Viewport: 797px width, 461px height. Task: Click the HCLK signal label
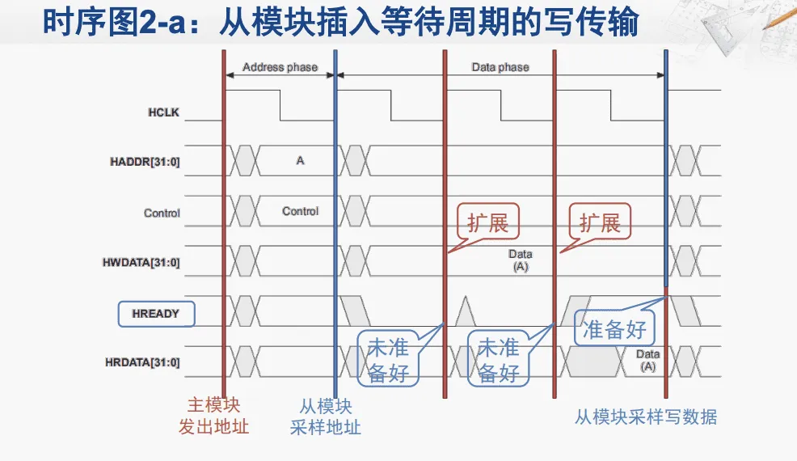click(164, 112)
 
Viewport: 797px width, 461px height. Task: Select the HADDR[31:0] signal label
click(145, 163)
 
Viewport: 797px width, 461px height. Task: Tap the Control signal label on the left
click(162, 214)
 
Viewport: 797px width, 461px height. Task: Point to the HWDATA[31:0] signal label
click(144, 263)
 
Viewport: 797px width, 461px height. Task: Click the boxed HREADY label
click(156, 313)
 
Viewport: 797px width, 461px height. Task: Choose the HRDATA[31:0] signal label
click(144, 362)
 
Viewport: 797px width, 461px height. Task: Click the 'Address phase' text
click(280, 67)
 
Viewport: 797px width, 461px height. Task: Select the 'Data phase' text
click(500, 67)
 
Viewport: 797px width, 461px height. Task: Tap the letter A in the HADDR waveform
click(300, 161)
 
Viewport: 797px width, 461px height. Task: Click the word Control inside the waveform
click(300, 211)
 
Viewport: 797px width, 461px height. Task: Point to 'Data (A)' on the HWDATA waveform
click(520, 260)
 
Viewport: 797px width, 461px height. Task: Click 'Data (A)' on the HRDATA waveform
click(647, 360)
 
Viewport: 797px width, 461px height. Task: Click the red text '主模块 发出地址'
click(213, 417)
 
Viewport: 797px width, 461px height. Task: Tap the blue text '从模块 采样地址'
click(325, 417)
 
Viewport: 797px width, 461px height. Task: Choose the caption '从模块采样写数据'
click(646, 417)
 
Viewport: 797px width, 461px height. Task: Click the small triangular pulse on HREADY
click(465, 311)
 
